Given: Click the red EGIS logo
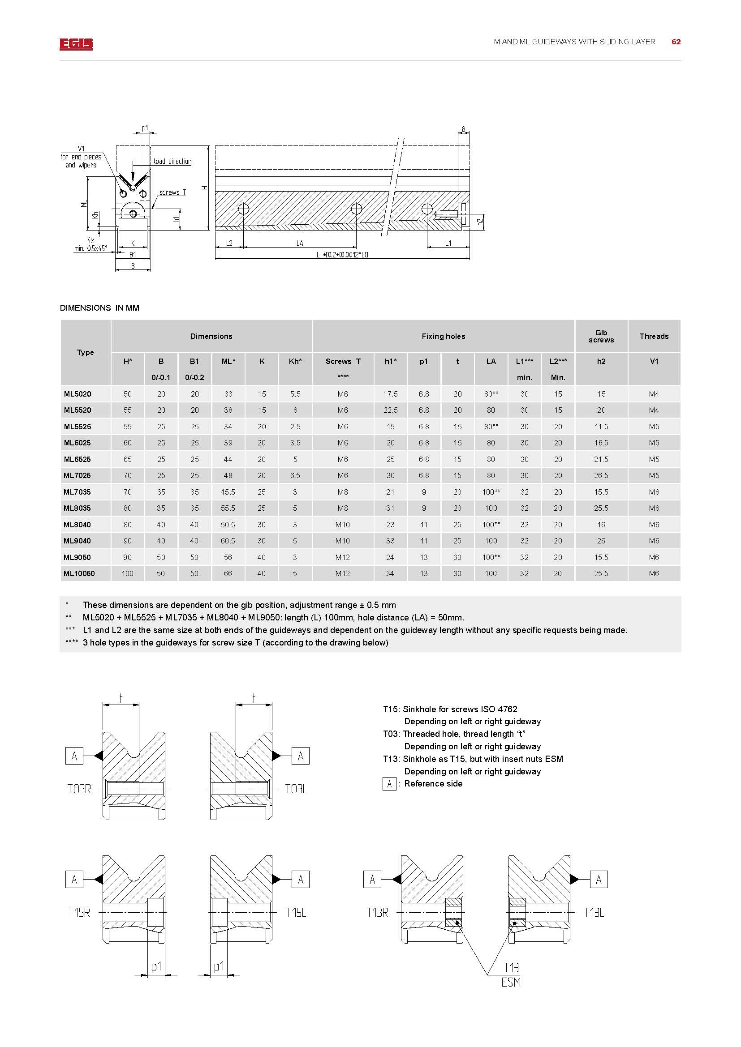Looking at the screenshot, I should pos(76,44).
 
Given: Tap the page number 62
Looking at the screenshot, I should pos(676,42).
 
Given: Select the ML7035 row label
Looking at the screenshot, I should pos(77,492).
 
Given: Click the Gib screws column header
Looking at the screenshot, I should pos(601,336).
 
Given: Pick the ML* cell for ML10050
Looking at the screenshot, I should pos(228,574).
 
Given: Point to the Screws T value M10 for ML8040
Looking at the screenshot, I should pos(342,525).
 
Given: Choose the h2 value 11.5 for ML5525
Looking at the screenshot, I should pos(601,427).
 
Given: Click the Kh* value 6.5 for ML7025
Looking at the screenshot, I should pos(295,476).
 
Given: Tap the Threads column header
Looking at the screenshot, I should pos(653,336).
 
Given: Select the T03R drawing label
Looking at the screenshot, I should pos(79,789).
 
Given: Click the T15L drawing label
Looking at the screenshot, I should pos(296,912).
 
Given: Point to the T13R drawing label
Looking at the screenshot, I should pos(377,912).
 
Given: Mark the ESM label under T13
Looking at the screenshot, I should pos(511,982).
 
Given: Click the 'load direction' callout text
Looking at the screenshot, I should pos(172,162).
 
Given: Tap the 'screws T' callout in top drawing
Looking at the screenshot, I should pos(172,192).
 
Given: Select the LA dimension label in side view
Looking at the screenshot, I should pos(300,244).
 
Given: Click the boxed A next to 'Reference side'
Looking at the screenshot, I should pos(389,784).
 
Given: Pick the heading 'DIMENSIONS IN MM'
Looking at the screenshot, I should pos(99,308).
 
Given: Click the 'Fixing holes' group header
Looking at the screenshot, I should pos(443,336).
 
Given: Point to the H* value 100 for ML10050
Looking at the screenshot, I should pos(127,574).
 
